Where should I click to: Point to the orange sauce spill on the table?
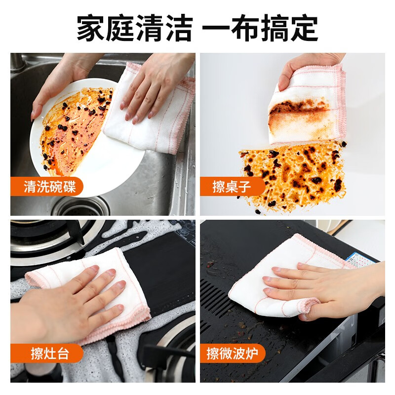click(x=291, y=173)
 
